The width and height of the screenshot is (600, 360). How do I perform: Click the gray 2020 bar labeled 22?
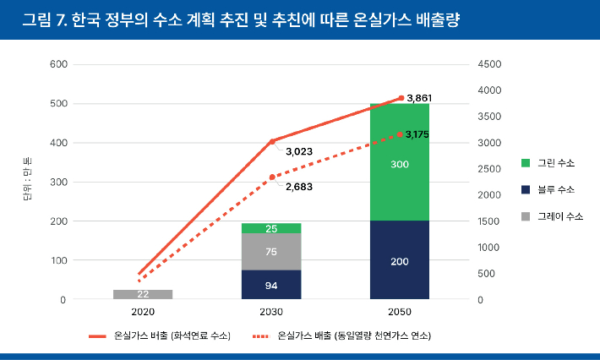click(142, 294)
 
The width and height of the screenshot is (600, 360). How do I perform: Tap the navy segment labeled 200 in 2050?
click(400, 260)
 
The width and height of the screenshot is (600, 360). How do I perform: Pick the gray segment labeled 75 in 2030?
click(271, 251)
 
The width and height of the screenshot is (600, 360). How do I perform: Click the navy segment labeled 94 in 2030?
click(271, 285)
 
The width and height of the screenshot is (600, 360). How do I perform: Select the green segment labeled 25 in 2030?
click(271, 228)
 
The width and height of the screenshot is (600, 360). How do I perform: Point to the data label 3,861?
click(420, 99)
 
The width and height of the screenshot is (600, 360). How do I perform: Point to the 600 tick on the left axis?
click(58, 64)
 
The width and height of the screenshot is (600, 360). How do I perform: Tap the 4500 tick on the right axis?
click(490, 64)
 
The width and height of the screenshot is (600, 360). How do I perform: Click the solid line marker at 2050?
click(401, 98)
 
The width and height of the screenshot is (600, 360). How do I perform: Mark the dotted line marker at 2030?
click(271, 177)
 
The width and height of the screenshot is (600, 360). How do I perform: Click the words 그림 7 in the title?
click(43, 19)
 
